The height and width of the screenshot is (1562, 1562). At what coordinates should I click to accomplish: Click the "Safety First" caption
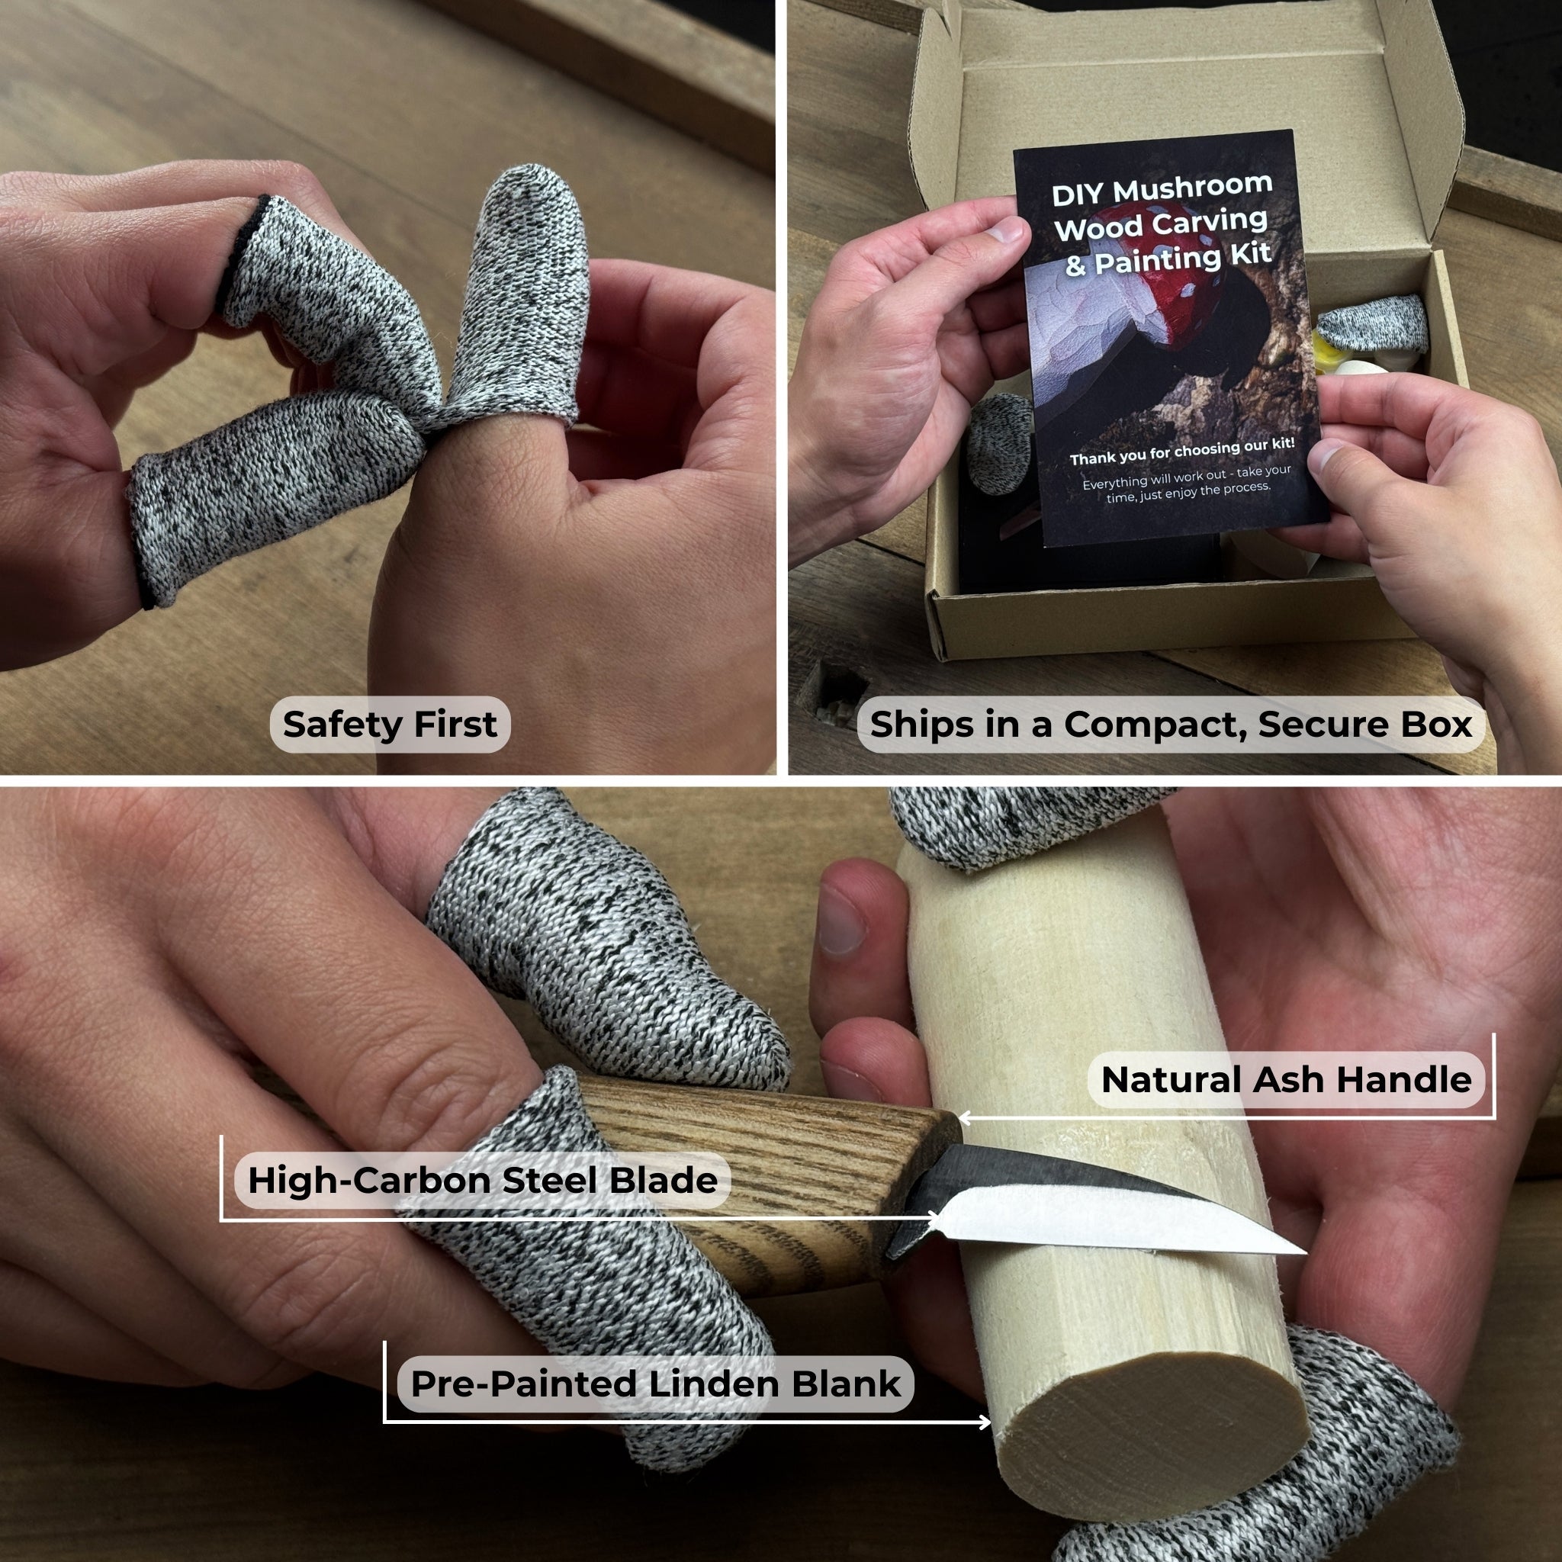[x=390, y=725]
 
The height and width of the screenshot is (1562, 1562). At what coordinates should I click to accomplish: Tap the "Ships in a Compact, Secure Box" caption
[x=1171, y=725]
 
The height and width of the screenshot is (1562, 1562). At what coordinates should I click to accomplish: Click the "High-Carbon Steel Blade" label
[x=483, y=1181]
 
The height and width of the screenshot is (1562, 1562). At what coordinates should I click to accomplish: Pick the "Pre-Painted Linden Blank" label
[x=656, y=1384]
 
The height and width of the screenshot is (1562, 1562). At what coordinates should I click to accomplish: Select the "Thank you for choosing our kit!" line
[x=1182, y=452]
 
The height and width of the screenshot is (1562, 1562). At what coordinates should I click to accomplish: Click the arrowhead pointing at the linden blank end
[x=984, y=1422]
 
